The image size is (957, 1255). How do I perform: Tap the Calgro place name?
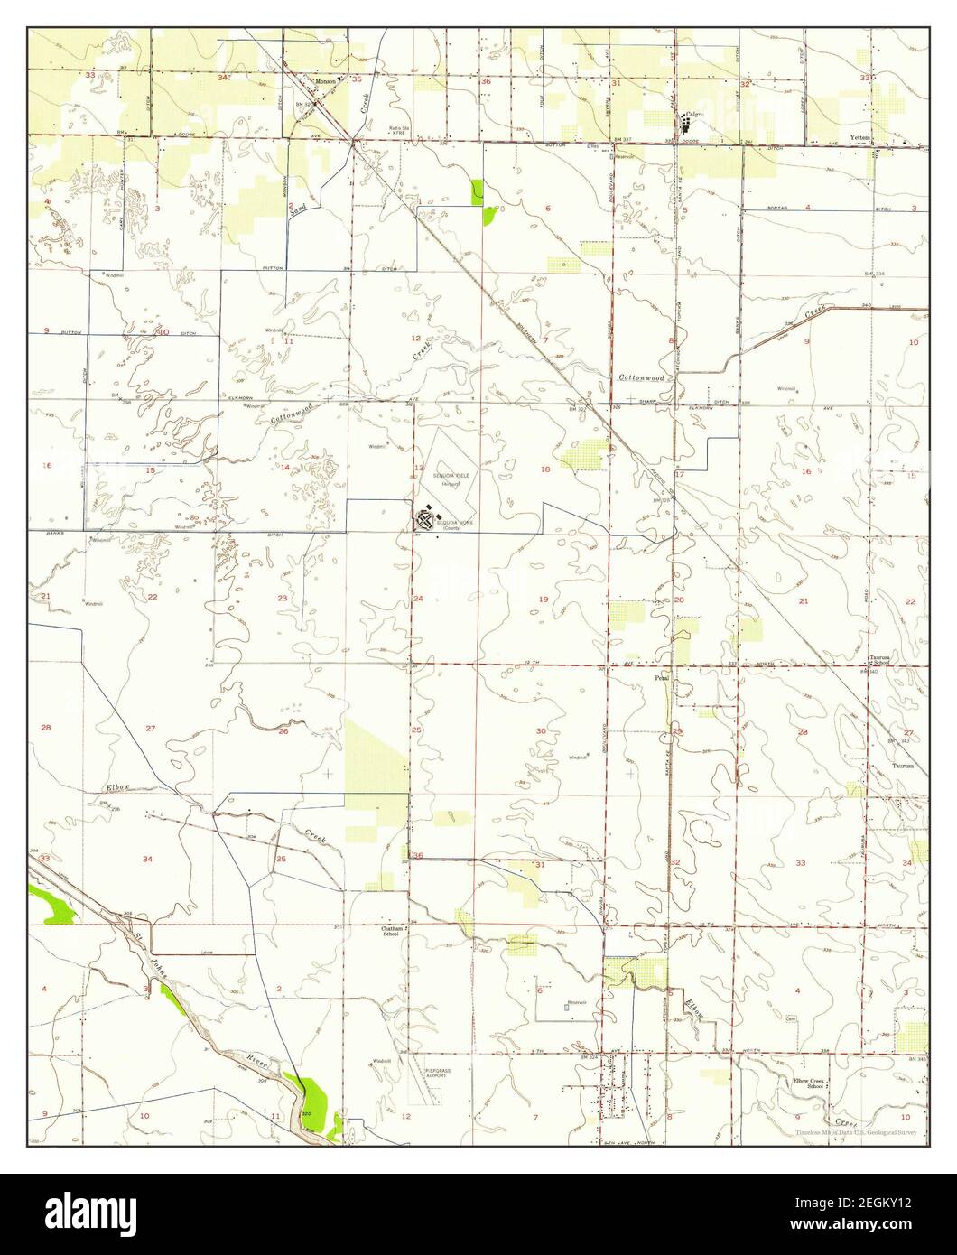tap(693, 114)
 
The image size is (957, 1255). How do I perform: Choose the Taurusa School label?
tap(880, 660)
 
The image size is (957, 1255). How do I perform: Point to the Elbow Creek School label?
tap(809, 1083)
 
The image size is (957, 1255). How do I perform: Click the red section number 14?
tap(284, 467)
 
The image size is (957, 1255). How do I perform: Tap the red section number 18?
tap(544, 469)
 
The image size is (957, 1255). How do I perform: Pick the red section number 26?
tap(283, 731)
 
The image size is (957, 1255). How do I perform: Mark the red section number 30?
tap(541, 730)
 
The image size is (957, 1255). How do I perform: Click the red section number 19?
tap(544, 600)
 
